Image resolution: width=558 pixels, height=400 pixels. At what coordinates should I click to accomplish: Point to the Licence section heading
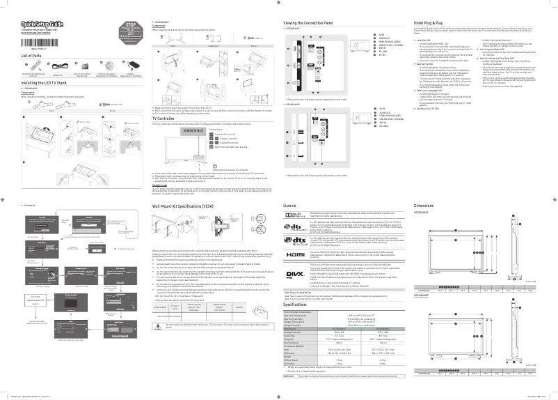(290, 206)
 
